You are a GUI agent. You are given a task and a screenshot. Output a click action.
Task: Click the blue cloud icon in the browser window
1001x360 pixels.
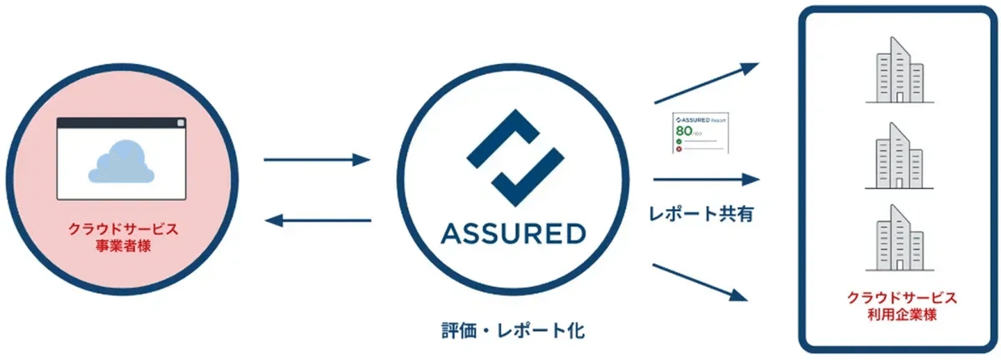120,161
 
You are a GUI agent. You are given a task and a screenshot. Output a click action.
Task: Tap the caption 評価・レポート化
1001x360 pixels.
514,330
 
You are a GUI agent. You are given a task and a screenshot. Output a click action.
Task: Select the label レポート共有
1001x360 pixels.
702,213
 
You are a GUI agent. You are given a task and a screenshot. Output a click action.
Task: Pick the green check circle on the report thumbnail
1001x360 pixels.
678,141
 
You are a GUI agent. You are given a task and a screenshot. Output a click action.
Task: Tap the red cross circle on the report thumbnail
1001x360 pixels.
678,149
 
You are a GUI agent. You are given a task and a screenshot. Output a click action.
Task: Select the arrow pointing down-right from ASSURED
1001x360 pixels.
701,282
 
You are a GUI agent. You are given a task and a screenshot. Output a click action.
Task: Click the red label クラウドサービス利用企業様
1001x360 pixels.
902,306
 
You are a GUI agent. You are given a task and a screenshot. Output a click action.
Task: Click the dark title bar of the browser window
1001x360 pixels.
118,123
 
